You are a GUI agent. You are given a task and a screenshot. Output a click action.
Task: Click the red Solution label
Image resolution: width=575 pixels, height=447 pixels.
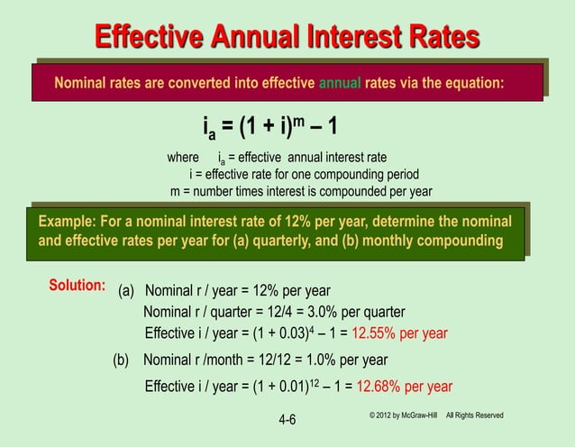[x=78, y=286]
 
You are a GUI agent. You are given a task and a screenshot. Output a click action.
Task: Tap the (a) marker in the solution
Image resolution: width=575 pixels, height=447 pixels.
[x=129, y=291]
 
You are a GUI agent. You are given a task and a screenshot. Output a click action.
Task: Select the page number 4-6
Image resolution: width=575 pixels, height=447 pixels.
[x=287, y=420]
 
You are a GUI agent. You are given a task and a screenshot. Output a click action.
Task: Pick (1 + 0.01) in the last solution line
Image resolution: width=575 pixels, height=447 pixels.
[x=274, y=388]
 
